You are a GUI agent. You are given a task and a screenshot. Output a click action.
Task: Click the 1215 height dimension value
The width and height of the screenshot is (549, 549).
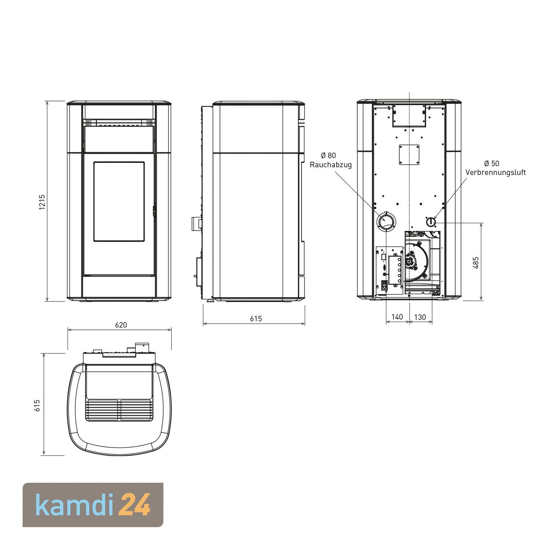pyautogui.click(x=42, y=202)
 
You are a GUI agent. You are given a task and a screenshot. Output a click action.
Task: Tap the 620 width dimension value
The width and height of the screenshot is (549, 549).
pyautogui.click(x=121, y=325)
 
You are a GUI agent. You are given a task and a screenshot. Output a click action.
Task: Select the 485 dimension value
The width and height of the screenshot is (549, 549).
pyautogui.click(x=476, y=263)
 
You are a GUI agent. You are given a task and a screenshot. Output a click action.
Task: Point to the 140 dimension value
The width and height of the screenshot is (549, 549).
pyautogui.click(x=397, y=317)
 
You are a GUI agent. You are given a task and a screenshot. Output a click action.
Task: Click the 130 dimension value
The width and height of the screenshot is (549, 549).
pyautogui.click(x=420, y=317)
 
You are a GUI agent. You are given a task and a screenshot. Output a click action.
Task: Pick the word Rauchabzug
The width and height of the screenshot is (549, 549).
pyautogui.click(x=331, y=165)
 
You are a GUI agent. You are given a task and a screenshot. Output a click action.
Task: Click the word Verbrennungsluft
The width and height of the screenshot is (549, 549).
pyautogui.click(x=496, y=172)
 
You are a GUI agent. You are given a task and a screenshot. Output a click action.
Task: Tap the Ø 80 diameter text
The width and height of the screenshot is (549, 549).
pyautogui.click(x=328, y=156)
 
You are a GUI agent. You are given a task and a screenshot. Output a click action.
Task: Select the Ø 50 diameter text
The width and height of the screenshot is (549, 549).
pyautogui.click(x=492, y=163)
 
